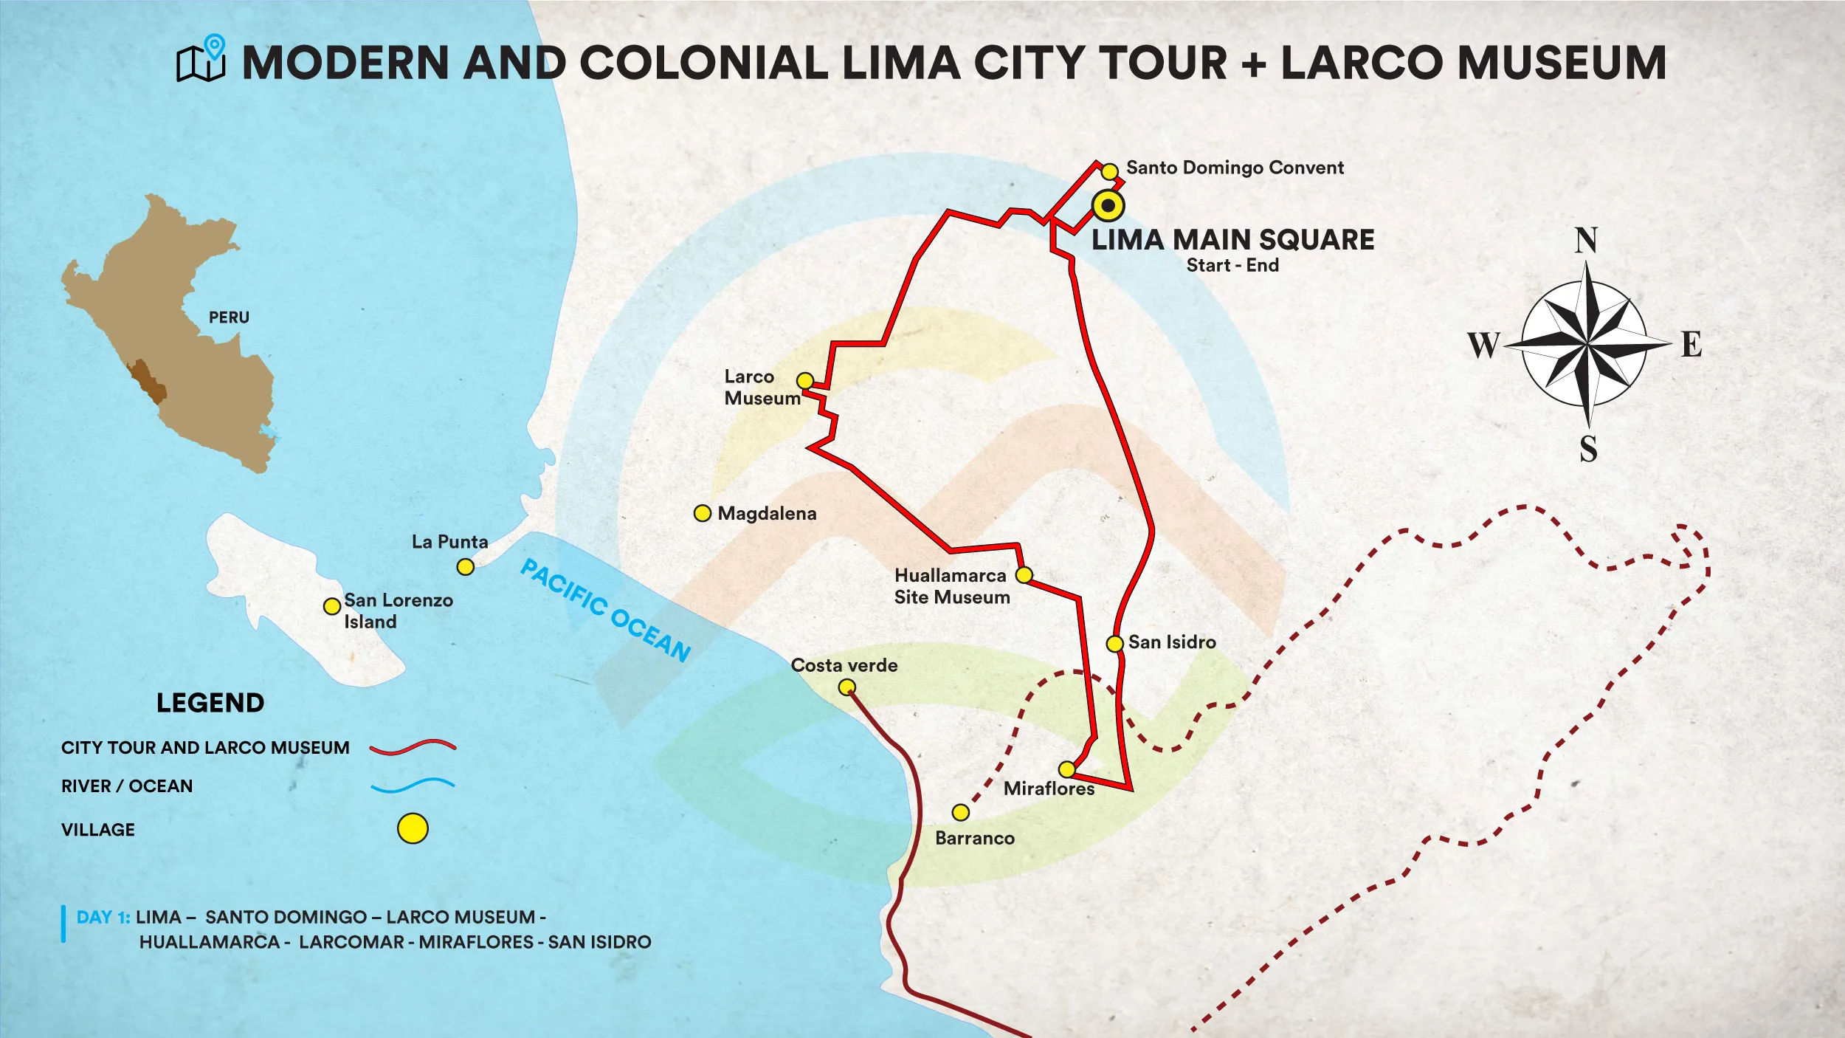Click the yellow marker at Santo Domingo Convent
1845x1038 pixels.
(1109, 172)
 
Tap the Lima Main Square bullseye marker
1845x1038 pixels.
(1108, 205)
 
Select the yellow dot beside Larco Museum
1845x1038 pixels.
(805, 381)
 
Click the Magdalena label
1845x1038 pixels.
(767, 514)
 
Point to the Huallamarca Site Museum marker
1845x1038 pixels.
(1024, 574)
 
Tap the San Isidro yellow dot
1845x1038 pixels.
(1114, 644)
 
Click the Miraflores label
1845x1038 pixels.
(1049, 788)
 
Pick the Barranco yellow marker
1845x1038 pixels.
(960, 813)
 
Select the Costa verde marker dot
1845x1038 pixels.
(847, 688)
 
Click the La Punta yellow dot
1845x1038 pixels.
(465, 567)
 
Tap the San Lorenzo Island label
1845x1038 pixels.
(398, 611)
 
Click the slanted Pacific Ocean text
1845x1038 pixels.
(606, 610)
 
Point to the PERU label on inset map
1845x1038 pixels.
(229, 317)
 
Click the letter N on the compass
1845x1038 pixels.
(1586, 241)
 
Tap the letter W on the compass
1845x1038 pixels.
(1483, 345)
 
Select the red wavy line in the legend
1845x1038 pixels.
(413, 747)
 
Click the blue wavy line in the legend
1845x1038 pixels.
(413, 786)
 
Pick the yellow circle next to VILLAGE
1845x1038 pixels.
(413, 828)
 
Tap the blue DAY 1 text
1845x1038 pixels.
(103, 917)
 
